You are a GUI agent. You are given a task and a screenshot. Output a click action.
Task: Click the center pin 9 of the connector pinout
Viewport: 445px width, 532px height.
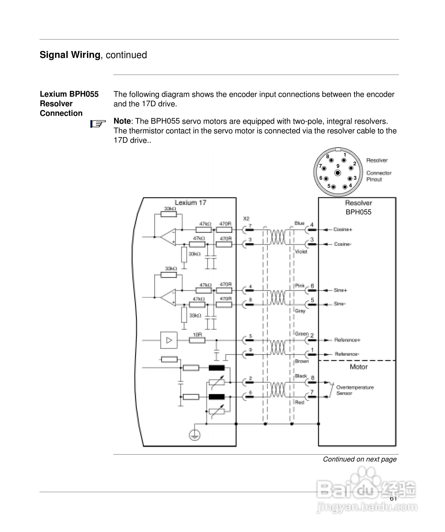click(338, 173)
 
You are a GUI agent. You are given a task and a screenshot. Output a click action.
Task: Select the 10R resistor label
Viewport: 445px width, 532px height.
click(197, 335)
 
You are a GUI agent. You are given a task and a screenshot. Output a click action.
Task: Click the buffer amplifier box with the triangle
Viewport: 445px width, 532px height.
click(169, 340)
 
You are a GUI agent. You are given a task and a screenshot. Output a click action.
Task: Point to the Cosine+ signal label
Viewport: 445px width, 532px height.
click(343, 230)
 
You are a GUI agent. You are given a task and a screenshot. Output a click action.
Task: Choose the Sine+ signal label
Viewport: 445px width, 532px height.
click(340, 290)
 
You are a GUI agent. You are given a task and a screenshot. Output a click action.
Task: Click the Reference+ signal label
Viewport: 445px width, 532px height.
click(347, 340)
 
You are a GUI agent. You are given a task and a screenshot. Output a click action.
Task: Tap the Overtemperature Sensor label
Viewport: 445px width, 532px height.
click(355, 390)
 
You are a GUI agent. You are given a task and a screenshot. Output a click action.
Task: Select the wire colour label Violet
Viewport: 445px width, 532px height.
click(301, 251)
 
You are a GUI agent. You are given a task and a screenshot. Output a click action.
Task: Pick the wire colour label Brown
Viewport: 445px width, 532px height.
click(302, 361)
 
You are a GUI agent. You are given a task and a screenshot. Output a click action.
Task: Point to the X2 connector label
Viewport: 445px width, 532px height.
click(246, 218)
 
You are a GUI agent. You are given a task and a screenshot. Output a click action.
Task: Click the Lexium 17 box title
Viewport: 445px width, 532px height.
click(190, 203)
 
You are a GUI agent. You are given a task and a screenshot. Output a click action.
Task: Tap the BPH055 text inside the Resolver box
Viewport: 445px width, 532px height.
click(358, 212)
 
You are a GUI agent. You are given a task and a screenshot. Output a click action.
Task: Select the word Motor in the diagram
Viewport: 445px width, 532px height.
click(359, 367)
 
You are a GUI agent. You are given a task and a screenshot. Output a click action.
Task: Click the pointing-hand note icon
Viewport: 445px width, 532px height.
click(98, 124)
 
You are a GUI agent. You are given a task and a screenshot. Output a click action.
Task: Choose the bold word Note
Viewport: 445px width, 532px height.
click(122, 121)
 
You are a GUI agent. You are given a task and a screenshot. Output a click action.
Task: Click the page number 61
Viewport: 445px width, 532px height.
click(393, 499)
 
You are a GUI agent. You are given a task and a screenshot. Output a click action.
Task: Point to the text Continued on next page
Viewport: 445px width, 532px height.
click(359, 459)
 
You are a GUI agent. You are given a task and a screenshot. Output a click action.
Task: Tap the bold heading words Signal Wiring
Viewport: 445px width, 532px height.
click(70, 55)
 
